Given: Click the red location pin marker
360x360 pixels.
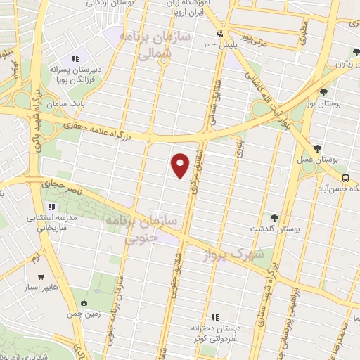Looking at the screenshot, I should tap(180, 165).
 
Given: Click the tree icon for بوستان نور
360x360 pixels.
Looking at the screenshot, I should tap(324, 91).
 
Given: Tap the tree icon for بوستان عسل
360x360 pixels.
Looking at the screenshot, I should tap(319, 148).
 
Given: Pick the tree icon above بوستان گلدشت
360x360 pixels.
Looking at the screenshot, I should tap(274, 218).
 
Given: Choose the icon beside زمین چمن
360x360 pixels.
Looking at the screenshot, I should tap(85, 303).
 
